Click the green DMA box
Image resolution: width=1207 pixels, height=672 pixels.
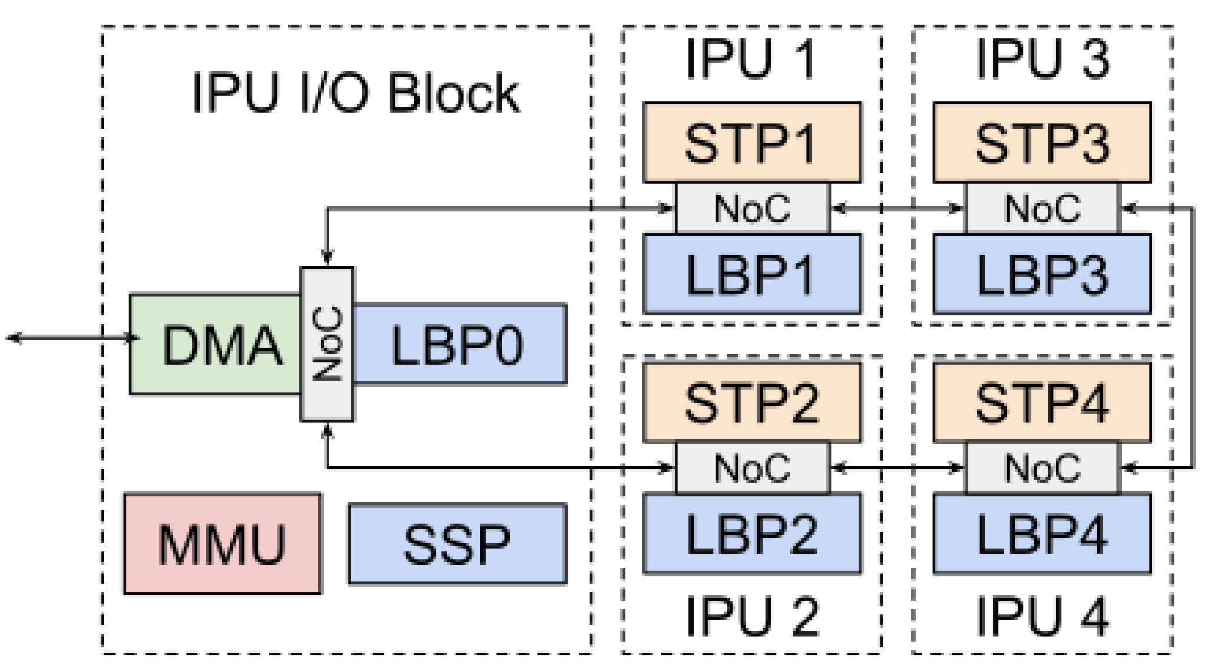[x=216, y=344]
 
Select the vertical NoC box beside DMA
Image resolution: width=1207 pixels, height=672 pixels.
[x=327, y=344]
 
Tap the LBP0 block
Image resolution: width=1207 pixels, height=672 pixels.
[x=459, y=344]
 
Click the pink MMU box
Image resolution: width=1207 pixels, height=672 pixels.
[x=223, y=543]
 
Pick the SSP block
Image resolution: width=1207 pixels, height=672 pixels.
[x=457, y=543]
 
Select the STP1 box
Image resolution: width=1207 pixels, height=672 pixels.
[x=752, y=143]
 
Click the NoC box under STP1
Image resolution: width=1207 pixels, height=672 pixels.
[x=752, y=208]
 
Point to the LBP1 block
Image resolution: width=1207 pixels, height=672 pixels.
[x=752, y=274]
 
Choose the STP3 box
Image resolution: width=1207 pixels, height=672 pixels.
[x=1042, y=143]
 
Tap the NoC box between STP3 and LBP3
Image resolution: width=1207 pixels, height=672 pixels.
[x=1042, y=208]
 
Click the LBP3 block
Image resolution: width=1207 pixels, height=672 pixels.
[x=1042, y=274]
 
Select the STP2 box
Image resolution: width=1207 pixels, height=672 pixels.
[x=752, y=402]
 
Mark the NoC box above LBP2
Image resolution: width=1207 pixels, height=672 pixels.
[x=752, y=467]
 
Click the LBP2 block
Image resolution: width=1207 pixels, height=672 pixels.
[x=752, y=533]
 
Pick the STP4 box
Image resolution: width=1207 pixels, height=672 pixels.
[x=1042, y=402]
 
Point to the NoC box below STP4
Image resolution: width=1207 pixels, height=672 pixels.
[x=1042, y=467]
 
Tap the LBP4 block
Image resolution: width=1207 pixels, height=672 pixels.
[x=1042, y=533]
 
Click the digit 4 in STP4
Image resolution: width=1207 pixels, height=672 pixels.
[x=1090, y=403]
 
